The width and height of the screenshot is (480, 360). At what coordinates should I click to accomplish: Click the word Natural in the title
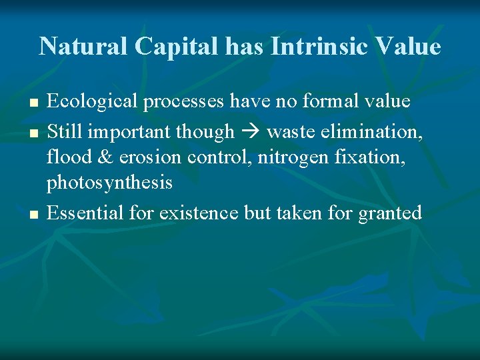[x=83, y=47]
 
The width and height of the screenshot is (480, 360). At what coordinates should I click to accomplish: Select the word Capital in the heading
[x=175, y=47]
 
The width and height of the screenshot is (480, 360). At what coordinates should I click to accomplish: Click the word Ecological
[x=92, y=101]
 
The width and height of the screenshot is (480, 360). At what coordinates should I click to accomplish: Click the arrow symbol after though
[x=250, y=132]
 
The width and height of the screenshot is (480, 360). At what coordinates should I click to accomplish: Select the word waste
[x=290, y=131]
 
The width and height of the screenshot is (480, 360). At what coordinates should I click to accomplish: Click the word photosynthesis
[x=109, y=183]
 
